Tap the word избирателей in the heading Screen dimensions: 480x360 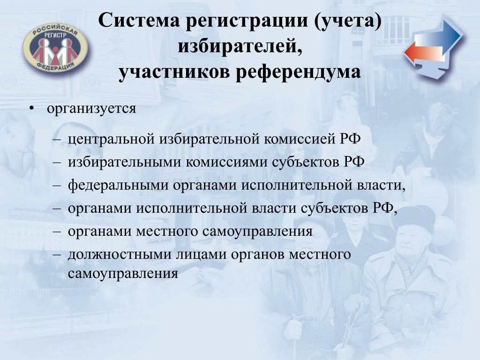point(240,47)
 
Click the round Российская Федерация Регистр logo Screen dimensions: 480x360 point(55,47)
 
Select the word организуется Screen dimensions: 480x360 point(91,109)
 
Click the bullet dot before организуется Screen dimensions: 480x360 point(31,109)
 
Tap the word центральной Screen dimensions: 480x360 point(111,139)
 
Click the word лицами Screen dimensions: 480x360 point(201,255)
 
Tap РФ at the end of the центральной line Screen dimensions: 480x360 point(350,139)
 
